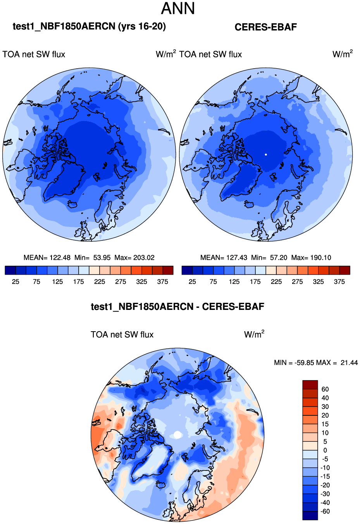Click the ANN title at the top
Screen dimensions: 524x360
[178, 9]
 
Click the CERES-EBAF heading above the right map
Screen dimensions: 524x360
[265, 27]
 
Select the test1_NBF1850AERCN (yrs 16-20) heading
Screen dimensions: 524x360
[89, 26]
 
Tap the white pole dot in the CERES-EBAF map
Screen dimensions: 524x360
[266, 154]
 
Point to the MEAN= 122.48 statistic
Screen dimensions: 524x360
[47, 258]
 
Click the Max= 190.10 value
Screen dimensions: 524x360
[311, 258]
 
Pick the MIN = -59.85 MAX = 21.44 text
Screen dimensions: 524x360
[316, 363]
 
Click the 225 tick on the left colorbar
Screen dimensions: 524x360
[100, 282]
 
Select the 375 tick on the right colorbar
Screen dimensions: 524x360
[339, 282]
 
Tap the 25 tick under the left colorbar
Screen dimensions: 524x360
[16, 282]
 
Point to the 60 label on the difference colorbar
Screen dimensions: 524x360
[325, 389]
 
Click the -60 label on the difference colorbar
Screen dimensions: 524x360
[325, 511]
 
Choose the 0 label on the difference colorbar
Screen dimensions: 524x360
[325, 450]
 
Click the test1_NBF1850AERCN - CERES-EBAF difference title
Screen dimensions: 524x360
[177, 307]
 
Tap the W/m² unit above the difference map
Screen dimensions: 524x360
[254, 334]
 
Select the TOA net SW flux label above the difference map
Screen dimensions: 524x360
[122, 335]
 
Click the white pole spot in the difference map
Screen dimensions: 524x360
[177, 435]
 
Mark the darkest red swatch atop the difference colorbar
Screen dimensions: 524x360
[310, 385]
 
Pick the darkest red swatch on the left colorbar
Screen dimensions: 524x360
[168, 270]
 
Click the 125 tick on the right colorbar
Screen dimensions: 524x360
[234, 282]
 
